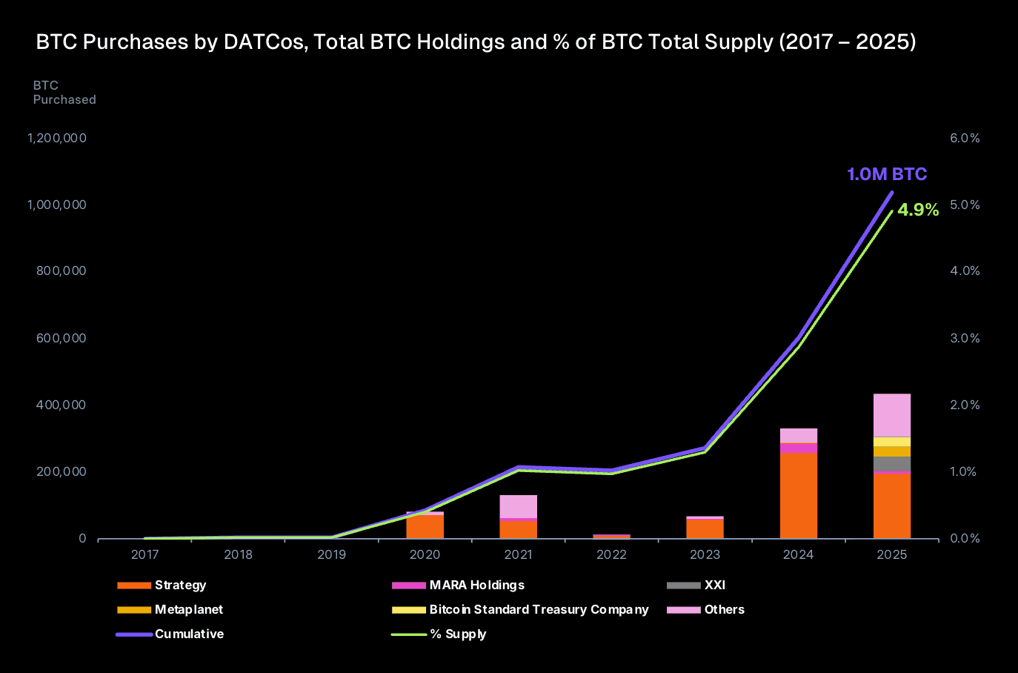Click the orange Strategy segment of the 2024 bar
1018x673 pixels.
tap(798, 495)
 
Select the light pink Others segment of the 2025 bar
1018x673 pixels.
tap(891, 415)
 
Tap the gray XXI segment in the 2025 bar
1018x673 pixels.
tap(891, 463)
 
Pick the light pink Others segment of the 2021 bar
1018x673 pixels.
tap(518, 506)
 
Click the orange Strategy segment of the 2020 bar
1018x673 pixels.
tap(425, 526)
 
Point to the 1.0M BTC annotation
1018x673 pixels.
tap(887, 174)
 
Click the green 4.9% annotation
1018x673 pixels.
tap(918, 210)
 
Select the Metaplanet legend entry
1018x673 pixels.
tap(188, 609)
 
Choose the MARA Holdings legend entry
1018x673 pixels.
tap(476, 585)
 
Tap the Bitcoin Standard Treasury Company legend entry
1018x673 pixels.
tap(539, 609)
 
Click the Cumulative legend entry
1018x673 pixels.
tap(189, 634)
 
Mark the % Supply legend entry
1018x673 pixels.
tap(458, 634)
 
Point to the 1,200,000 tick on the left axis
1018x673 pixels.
tap(57, 138)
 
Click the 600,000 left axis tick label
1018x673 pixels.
tap(61, 338)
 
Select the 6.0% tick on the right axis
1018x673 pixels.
tap(965, 138)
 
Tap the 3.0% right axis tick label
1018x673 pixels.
tap(965, 338)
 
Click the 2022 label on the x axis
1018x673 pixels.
tap(611, 554)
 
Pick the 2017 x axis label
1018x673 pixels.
tap(144, 554)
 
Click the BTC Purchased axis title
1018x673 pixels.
tap(64, 93)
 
